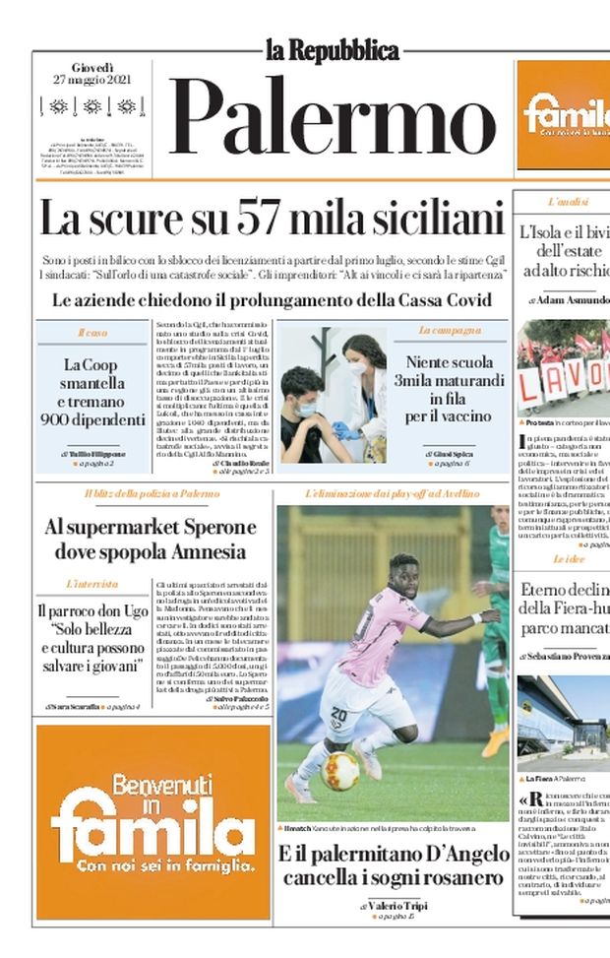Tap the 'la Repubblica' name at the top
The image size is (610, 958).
[332, 49]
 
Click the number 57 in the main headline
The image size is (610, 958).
[266, 218]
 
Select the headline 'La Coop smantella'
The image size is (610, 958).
[92, 374]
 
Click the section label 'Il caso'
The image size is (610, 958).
[92, 333]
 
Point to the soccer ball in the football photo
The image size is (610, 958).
[340, 771]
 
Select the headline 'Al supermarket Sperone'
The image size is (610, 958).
[150, 539]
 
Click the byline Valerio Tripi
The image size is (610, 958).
[397, 905]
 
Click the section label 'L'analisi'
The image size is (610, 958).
[568, 202]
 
